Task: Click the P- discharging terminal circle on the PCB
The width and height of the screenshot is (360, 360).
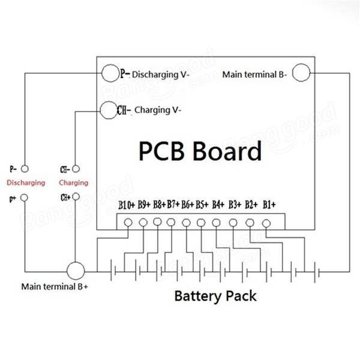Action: click(x=110, y=73)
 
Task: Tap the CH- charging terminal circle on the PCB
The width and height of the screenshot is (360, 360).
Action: click(x=109, y=110)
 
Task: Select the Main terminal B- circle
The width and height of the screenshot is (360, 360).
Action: click(x=301, y=73)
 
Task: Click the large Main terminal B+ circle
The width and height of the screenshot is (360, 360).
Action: click(x=76, y=271)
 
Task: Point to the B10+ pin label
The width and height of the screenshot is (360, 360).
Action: click(x=127, y=205)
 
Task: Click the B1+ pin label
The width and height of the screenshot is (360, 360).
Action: click(x=269, y=205)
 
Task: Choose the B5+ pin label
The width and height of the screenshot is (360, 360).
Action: click(x=202, y=205)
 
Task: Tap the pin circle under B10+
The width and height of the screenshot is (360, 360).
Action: click(x=128, y=223)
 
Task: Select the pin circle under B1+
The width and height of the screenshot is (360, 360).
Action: click(x=266, y=223)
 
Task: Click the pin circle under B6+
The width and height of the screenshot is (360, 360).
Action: click(x=186, y=223)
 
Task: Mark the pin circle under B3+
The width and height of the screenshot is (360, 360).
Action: click(x=233, y=223)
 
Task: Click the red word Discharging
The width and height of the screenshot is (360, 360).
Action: click(x=26, y=183)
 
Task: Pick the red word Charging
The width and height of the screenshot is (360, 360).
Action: click(x=73, y=183)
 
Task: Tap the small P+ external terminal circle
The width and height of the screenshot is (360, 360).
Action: click(x=25, y=197)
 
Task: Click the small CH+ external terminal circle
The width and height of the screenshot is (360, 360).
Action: click(x=76, y=197)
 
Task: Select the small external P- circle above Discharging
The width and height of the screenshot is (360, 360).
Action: click(x=25, y=169)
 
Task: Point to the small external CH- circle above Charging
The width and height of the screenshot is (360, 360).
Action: click(x=76, y=169)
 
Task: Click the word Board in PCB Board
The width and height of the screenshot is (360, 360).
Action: click(x=227, y=151)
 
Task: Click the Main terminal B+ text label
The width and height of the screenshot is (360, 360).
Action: click(x=55, y=287)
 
